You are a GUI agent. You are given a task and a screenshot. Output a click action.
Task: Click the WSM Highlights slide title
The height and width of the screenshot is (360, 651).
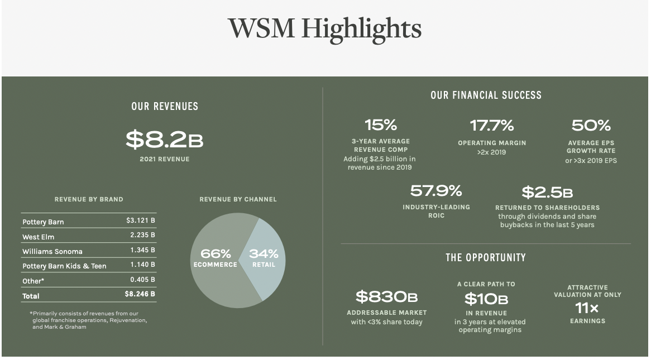coord(324,29)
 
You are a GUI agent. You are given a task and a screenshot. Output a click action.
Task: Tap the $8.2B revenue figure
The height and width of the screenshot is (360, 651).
coord(164,140)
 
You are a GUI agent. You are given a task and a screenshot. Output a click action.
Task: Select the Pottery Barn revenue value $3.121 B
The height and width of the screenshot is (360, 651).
coord(141,220)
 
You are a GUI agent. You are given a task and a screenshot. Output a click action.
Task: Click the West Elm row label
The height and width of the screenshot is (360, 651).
coord(39,237)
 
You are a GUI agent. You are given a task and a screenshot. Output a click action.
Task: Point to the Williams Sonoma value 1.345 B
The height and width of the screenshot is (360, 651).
coord(143,250)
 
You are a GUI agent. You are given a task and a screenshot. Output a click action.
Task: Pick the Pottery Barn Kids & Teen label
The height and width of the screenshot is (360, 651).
coord(64,266)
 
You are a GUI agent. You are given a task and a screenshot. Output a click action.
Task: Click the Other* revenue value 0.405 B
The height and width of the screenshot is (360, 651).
coord(143,279)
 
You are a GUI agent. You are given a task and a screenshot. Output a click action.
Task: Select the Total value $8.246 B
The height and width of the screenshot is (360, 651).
coord(140,294)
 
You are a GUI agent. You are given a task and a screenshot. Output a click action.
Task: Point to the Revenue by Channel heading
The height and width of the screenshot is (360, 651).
coord(238,199)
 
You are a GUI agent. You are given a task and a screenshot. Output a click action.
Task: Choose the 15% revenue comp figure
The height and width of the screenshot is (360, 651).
coord(380,124)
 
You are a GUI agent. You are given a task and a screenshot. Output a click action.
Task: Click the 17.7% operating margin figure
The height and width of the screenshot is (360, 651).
coord(492,125)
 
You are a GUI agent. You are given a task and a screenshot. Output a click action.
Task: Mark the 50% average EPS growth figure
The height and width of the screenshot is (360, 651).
coord(591,125)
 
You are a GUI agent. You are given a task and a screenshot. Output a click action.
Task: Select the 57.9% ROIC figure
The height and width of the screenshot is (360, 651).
coord(436,191)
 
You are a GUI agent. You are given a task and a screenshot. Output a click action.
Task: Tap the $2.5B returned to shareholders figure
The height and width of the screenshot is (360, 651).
coord(547,193)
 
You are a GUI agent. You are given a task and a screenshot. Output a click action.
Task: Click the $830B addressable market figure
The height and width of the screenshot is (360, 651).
coord(386,296)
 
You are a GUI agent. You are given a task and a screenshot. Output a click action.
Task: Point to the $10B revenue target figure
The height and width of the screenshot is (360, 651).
coord(486,299)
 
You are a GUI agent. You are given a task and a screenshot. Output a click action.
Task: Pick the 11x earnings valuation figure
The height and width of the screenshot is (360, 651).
coord(587,308)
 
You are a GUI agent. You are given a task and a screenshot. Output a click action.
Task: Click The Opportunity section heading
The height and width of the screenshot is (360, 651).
coord(485,258)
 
